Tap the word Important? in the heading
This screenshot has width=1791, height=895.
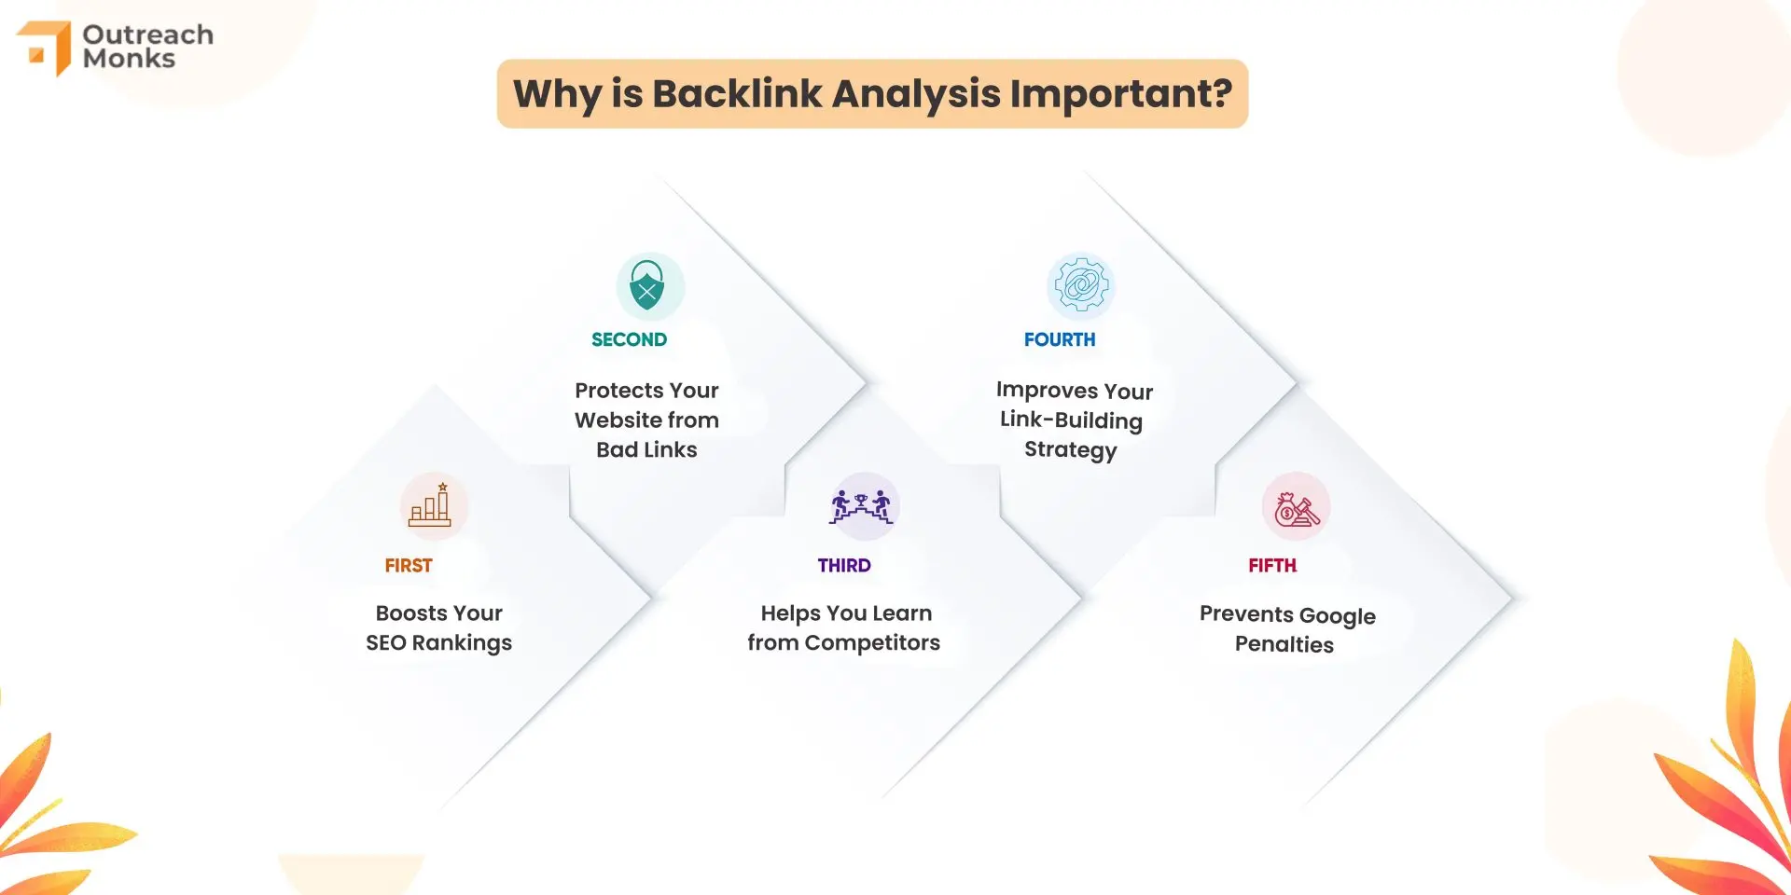(1120, 94)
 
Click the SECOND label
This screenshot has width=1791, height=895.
(629, 339)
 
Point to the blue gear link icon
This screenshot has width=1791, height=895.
(1080, 286)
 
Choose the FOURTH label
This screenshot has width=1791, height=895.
(1060, 339)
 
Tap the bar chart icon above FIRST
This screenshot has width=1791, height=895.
(433, 506)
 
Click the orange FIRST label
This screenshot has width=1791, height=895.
(409, 565)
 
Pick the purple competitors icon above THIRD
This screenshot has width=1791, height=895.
(863, 506)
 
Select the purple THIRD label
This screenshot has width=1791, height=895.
(844, 565)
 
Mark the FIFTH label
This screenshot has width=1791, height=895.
(1272, 565)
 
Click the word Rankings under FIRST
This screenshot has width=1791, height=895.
(462, 643)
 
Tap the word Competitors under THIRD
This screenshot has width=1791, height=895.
(872, 643)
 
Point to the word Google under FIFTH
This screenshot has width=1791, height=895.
(1337, 616)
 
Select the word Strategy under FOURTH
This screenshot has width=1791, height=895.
(1070, 450)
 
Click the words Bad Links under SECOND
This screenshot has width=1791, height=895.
(646, 449)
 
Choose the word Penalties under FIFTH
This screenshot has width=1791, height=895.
(1284, 644)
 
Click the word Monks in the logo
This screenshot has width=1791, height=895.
(129, 59)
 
